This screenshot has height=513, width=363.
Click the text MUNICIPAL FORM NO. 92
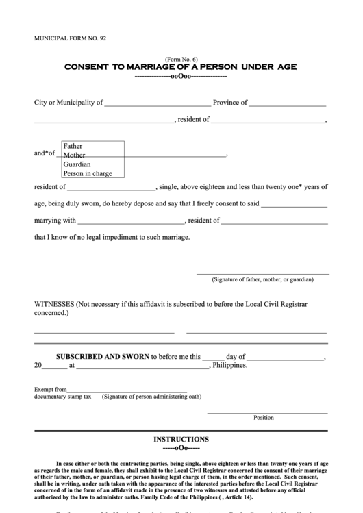70,40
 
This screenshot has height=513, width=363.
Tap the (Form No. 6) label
181,60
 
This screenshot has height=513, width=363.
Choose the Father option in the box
73,146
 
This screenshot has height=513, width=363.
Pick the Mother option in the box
74,155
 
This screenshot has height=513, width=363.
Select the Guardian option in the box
77,164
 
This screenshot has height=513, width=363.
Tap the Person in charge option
87,173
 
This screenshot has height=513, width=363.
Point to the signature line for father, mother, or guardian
263,273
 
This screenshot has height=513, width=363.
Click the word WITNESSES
54,303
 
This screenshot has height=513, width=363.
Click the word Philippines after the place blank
230,366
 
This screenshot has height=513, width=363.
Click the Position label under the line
263,417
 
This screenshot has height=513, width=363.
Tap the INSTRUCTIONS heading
181,439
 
